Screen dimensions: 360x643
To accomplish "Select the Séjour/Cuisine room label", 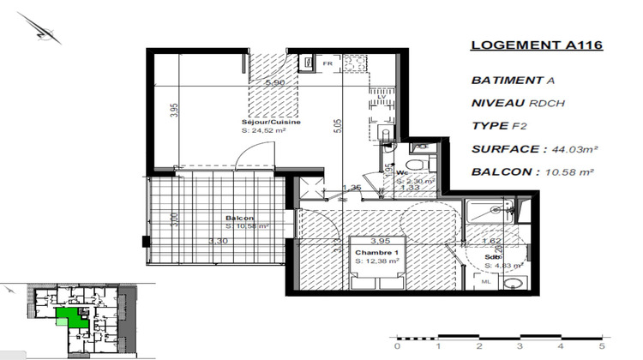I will coord(270,123).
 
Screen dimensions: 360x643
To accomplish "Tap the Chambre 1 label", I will coord(377,253).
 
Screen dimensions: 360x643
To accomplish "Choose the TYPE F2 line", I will coord(500,125).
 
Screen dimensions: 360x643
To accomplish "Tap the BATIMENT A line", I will coord(507,80).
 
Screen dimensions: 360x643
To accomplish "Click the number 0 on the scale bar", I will coord(396,346).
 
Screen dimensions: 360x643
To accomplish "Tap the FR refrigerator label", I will coord(327,63).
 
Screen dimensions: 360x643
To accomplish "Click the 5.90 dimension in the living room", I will coord(275,83).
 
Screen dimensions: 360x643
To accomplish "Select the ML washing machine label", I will coord(486,280).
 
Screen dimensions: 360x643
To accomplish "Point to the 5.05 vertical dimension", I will coord(338,125).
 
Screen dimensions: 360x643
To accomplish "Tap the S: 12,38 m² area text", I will coord(377,261).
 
